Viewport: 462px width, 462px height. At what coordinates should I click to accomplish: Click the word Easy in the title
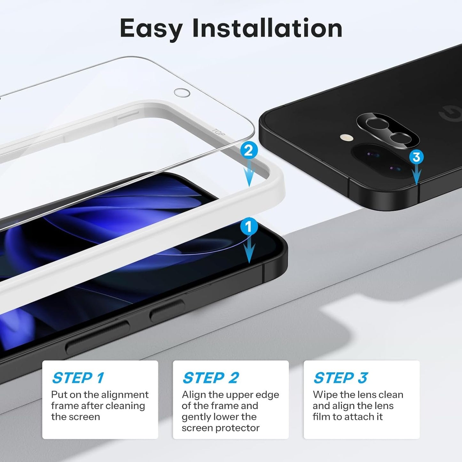151,29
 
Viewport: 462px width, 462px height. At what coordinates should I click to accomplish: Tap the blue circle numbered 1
249,227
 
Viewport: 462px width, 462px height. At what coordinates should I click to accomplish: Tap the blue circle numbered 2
248,150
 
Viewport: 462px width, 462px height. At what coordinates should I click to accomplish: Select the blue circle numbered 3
416,157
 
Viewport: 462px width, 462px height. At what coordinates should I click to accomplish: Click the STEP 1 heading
78,378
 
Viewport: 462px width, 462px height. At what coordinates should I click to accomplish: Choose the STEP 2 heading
211,378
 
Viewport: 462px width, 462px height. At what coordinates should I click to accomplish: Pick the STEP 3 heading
341,378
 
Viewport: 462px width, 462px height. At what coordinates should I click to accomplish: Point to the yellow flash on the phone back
346,138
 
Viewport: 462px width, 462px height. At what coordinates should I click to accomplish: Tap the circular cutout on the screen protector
182,93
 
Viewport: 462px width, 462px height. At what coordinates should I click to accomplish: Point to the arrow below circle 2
249,174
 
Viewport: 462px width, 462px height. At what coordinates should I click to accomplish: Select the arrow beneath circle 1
249,251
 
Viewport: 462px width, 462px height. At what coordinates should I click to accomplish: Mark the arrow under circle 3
416,176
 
